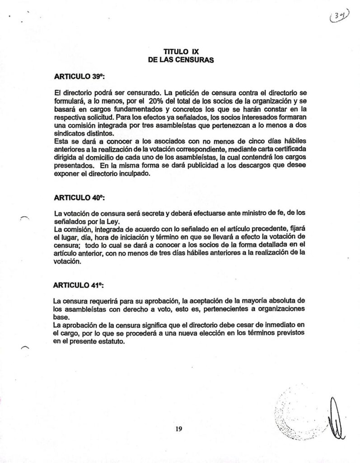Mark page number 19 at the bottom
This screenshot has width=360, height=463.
[x=179, y=429]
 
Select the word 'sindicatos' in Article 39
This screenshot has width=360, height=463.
[x=68, y=134]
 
